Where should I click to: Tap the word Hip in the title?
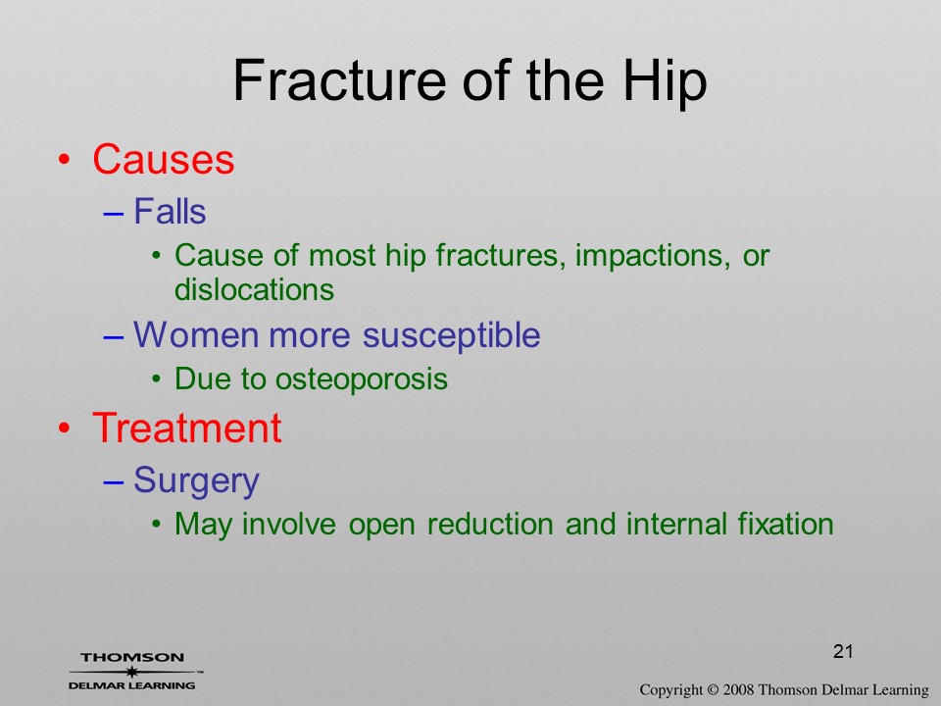[665, 83]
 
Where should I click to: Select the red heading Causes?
[164, 159]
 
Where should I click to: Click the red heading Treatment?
[186, 429]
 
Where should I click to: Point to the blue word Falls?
[170, 212]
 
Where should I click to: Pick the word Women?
[196, 334]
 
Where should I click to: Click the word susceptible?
[451, 336]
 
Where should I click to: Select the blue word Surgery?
[196, 481]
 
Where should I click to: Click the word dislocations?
[254, 289]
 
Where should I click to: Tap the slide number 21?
[843, 651]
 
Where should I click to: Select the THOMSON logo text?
[132, 657]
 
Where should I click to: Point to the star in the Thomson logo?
[131, 672]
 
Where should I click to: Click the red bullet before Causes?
[65, 160]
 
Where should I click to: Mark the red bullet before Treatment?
[65, 429]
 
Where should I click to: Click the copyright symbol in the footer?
[713, 689]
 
